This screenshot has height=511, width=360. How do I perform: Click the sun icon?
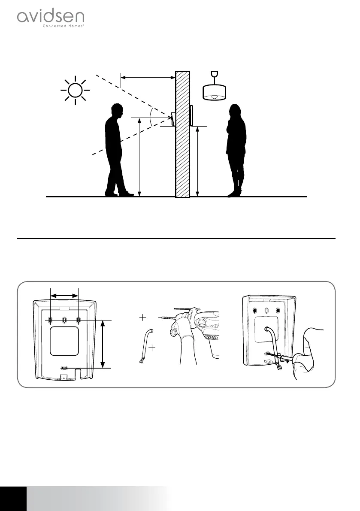pos(76,91)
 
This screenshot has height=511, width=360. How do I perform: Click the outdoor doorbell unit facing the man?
pos(173,119)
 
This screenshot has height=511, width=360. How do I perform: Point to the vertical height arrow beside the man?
pos(140,157)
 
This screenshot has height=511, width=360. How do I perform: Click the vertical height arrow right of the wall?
pos(197,161)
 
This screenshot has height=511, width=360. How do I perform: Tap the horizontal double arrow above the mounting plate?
pos(64,295)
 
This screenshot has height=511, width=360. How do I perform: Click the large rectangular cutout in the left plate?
pos(64,341)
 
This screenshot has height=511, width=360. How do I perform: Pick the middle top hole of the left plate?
pos(64,320)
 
